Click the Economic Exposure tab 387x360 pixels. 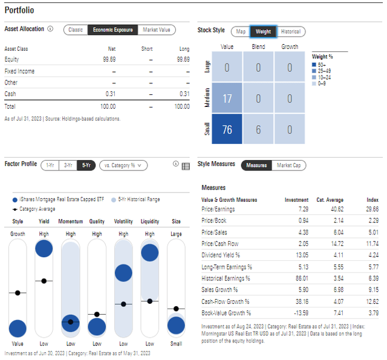tap(112, 30)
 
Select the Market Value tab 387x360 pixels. tap(156, 30)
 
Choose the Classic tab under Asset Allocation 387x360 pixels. tap(76, 30)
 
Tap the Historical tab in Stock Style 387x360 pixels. tap(290, 31)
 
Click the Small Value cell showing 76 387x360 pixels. tap(227, 129)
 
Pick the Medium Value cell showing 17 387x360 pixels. tap(227, 98)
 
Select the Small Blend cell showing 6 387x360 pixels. tap(258, 129)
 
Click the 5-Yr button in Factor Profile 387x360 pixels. tap(85, 165)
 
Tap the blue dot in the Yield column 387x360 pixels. tap(44, 248)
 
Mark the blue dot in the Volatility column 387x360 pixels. tap(123, 273)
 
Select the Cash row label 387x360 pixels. tap(10, 94)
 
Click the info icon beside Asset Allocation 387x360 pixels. tap(50, 29)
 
